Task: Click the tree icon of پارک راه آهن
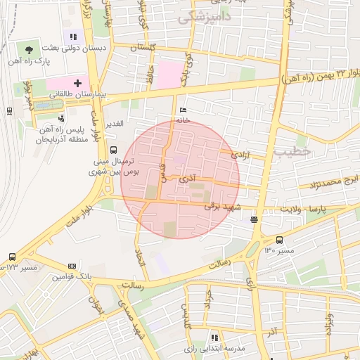coord(29,50)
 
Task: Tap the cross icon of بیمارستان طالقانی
coord(77,83)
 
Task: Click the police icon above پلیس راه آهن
coord(62,118)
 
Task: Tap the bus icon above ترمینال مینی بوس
coord(113,149)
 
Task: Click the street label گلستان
coord(143,47)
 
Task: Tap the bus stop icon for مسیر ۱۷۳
coord(12,257)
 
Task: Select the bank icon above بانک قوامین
coord(72,266)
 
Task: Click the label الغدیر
coord(114,124)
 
